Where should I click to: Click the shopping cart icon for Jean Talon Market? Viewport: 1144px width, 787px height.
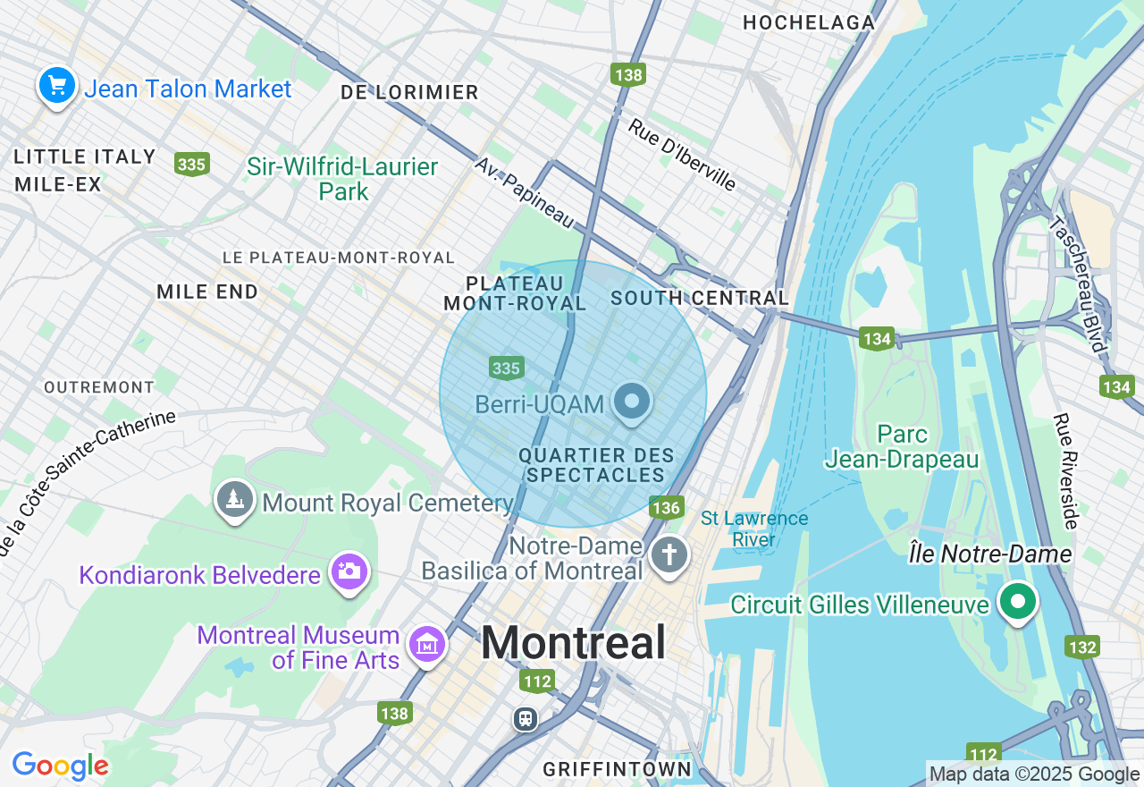coord(57,87)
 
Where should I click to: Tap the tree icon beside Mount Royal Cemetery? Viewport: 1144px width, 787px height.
coord(235,500)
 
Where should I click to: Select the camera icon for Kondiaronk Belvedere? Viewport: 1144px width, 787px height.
coord(349,571)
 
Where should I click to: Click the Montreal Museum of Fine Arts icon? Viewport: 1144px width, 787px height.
coord(427,645)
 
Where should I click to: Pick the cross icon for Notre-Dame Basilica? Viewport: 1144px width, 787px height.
coord(668,554)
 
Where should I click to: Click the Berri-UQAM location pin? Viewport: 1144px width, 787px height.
coord(633,402)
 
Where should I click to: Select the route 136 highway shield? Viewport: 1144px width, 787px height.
coord(667,508)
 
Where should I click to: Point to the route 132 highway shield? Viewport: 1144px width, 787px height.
coord(1081,647)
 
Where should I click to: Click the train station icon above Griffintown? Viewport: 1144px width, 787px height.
coord(526,718)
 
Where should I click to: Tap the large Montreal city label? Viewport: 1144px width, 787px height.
coord(574,642)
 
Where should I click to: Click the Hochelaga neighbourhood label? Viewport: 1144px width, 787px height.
coord(809,22)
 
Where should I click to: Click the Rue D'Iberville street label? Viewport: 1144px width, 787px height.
coord(682,156)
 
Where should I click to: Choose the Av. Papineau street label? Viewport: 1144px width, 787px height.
coord(524,191)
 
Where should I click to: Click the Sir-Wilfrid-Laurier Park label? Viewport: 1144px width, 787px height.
coord(343,179)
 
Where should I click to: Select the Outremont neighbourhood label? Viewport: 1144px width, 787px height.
coord(99,387)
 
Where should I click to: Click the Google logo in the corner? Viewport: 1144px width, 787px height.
coord(60,766)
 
